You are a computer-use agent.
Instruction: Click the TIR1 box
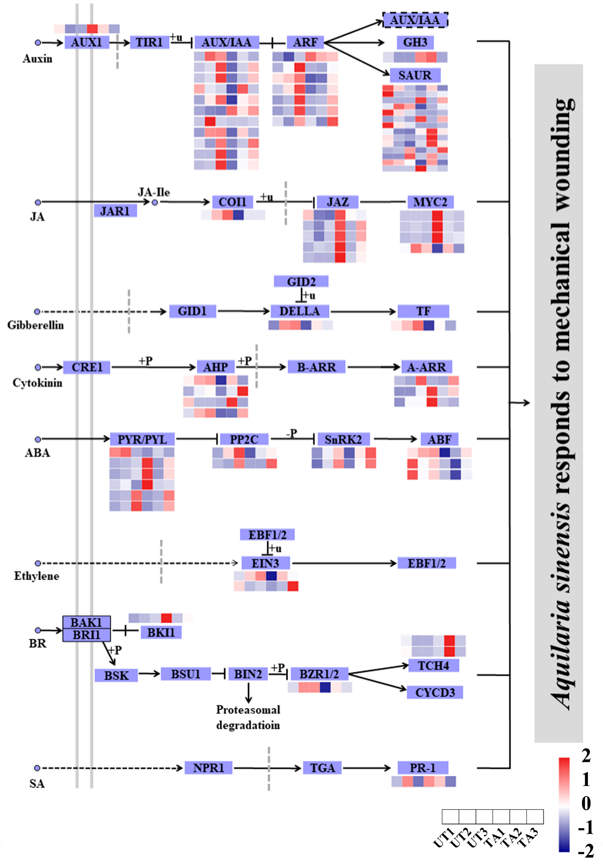pyautogui.click(x=149, y=42)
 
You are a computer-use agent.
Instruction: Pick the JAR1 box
pyautogui.click(x=115, y=211)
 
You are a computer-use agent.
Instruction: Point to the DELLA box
pyautogui.click(x=300, y=311)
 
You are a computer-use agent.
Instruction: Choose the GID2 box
pyautogui.click(x=301, y=281)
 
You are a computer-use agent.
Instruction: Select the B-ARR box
pyautogui.click(x=316, y=367)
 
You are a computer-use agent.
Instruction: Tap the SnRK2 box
pyautogui.click(x=343, y=439)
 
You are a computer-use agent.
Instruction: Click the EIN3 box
pyautogui.click(x=265, y=563)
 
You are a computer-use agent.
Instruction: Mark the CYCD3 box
pyautogui.click(x=435, y=692)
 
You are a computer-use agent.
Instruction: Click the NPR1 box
pyautogui.click(x=208, y=768)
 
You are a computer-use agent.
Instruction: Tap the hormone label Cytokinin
pyautogui.click(x=37, y=383)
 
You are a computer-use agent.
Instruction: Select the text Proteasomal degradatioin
pyautogui.click(x=248, y=717)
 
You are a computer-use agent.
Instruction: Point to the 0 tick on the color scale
pyautogui.click(x=586, y=803)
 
